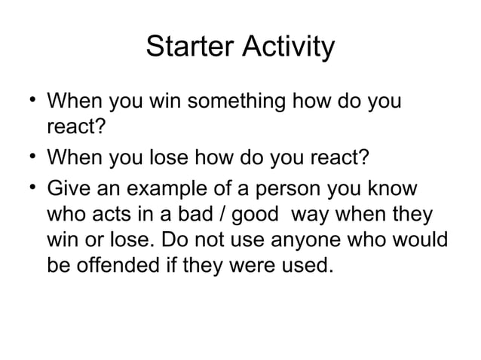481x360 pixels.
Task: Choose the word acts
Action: pos(108,215)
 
